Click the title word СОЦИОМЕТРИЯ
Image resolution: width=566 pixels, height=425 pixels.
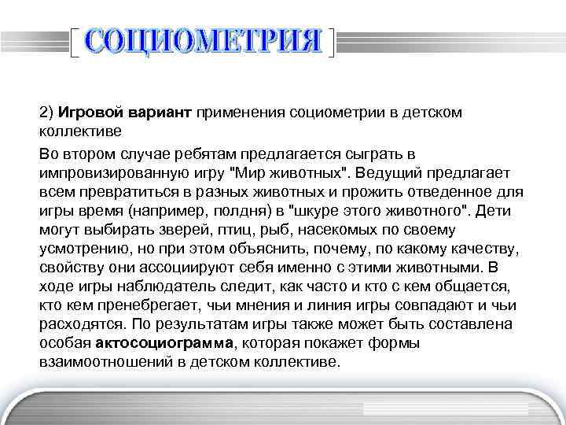pyautogui.click(x=204, y=42)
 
